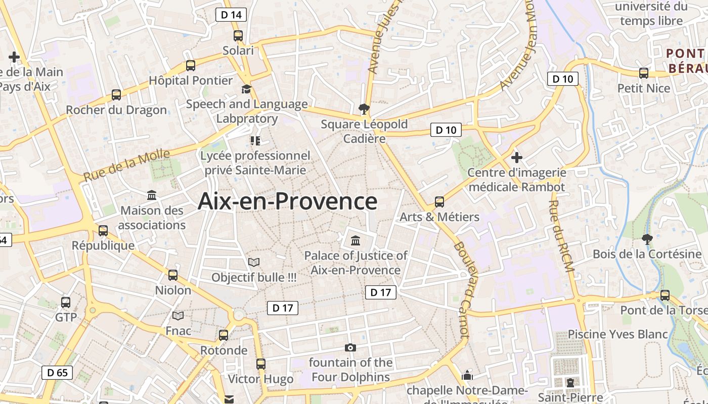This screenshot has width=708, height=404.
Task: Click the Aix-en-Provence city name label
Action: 287,201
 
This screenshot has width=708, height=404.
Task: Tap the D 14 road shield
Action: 232,15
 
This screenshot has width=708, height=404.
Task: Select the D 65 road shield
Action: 57,373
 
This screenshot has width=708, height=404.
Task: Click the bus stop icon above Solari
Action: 238,36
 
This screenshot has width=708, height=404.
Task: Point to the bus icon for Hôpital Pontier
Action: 191,65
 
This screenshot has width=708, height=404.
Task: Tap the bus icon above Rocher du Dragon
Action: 116,94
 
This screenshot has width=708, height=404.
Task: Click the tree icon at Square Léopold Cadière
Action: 364,109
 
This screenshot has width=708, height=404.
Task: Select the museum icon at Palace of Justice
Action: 356,240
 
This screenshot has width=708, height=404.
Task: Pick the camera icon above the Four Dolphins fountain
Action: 350,347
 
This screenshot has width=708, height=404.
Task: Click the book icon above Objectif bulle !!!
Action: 254,263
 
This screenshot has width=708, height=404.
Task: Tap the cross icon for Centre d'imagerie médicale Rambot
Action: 516,157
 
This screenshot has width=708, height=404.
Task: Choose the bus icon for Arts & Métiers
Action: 439,202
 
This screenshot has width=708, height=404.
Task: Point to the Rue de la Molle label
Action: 120,166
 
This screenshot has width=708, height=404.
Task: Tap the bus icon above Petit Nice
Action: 644,73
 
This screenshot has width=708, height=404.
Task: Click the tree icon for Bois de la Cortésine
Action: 647,239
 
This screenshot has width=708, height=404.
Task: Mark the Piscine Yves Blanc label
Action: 617,334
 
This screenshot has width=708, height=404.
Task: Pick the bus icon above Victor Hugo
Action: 261,364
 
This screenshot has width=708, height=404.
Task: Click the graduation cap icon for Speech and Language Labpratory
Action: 246,89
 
